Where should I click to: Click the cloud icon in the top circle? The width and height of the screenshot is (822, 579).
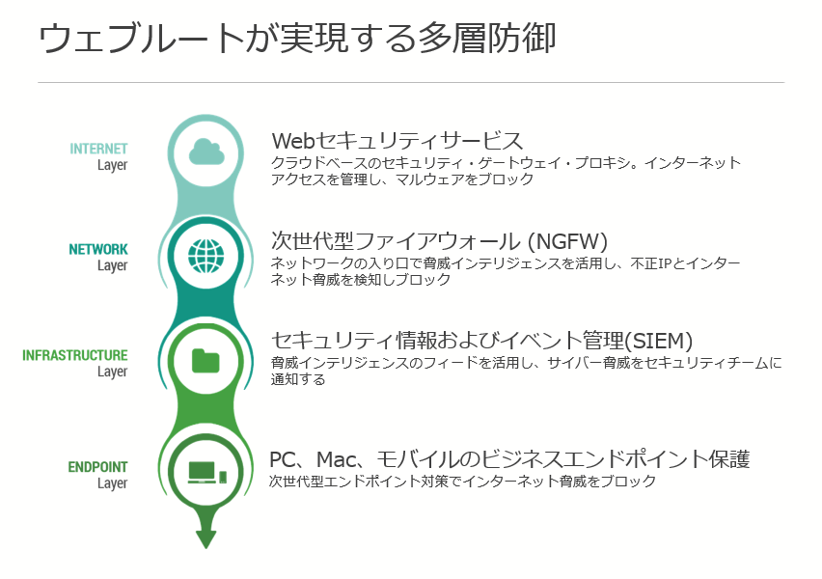(205, 152)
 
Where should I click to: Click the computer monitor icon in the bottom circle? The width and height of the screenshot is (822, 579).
(202, 472)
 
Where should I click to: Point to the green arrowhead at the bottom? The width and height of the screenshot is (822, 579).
(205, 538)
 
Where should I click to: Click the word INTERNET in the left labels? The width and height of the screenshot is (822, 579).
(98, 149)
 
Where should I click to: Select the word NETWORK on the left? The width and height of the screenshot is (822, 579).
(98, 249)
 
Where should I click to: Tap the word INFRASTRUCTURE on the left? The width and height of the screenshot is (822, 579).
(75, 355)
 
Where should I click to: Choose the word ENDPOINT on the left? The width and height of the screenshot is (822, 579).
(97, 467)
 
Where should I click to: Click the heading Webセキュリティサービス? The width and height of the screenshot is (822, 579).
(397, 141)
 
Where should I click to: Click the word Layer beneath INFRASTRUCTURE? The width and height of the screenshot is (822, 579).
(112, 372)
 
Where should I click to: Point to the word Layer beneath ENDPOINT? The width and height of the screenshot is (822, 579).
(112, 483)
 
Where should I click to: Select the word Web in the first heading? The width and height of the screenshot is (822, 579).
(294, 141)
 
